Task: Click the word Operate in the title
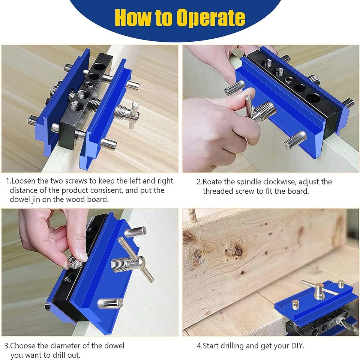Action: tap(211, 18)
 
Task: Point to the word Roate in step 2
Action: tap(213, 182)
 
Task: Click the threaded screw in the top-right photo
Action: tap(264, 110)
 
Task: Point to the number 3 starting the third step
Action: tap(6, 345)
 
